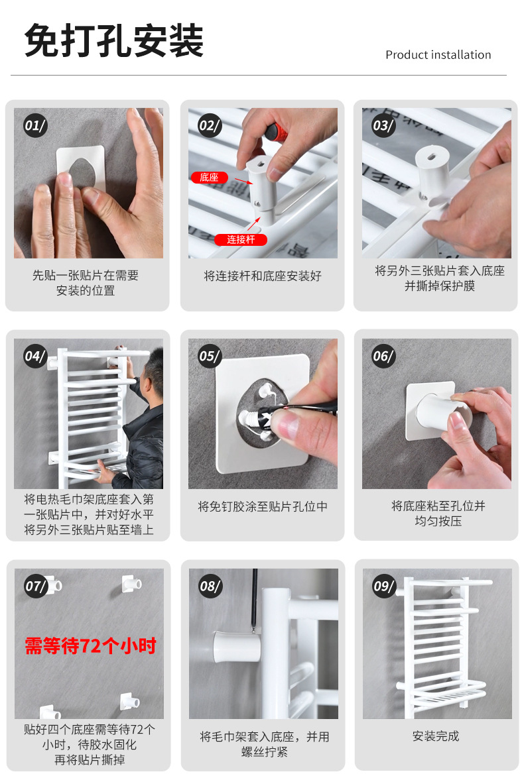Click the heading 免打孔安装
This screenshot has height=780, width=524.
coord(114,41)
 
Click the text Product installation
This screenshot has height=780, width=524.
coord(438,55)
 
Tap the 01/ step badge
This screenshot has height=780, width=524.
coord(35,125)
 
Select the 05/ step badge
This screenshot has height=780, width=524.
coord(210,356)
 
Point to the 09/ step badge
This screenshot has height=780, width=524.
coord(384,586)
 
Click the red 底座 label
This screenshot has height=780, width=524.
coord(209,178)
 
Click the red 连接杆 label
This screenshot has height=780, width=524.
coord(241,240)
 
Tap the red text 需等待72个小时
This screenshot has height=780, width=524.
coord(91,645)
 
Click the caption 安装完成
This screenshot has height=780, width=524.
coord(436,736)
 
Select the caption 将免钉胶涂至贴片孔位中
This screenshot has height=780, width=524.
coord(263,506)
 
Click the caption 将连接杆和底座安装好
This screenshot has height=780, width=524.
coord(263,276)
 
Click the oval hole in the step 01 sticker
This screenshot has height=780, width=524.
coord(83,172)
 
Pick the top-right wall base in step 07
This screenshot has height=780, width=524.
coord(132,583)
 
